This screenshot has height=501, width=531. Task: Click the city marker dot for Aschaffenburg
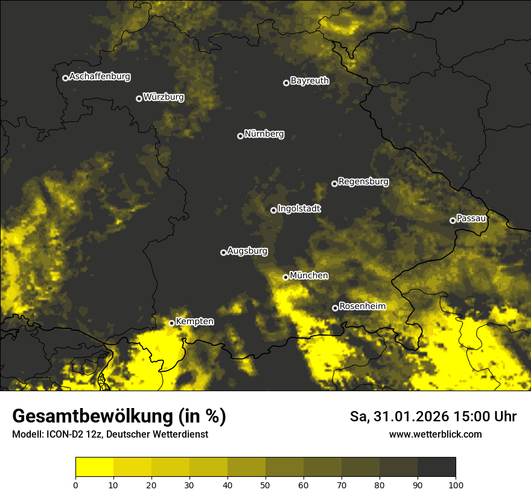pyautogui.click(x=65, y=78)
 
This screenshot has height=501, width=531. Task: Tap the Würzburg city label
pyautogui.click(x=164, y=97)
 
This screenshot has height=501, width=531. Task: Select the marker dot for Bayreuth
pyautogui.click(x=286, y=83)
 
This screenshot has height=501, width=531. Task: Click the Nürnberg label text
pyautogui.click(x=264, y=134)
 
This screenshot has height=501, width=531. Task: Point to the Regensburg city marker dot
pyautogui.click(x=334, y=183)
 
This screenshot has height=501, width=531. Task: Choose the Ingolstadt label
pyautogui.click(x=299, y=209)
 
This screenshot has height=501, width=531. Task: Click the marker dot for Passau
pyautogui.click(x=453, y=220)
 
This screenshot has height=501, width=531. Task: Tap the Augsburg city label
pyautogui.click(x=247, y=251)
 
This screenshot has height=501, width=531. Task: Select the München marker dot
pyautogui.click(x=286, y=277)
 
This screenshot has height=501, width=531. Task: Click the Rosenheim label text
pyautogui.click(x=362, y=307)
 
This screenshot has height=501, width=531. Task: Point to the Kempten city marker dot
pyautogui.click(x=171, y=323)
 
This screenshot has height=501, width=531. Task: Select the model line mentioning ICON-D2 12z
pyautogui.click(x=110, y=435)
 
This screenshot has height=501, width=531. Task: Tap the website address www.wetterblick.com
pyautogui.click(x=436, y=435)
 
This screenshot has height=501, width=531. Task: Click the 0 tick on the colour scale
pyautogui.click(x=75, y=485)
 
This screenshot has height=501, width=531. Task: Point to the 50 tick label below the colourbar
pyautogui.click(x=265, y=485)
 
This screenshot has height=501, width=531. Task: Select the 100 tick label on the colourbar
pyautogui.click(x=456, y=485)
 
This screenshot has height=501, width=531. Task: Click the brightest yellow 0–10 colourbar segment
pyautogui.click(x=94, y=467)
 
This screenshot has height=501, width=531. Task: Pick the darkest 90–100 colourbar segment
pyautogui.click(x=436, y=467)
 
